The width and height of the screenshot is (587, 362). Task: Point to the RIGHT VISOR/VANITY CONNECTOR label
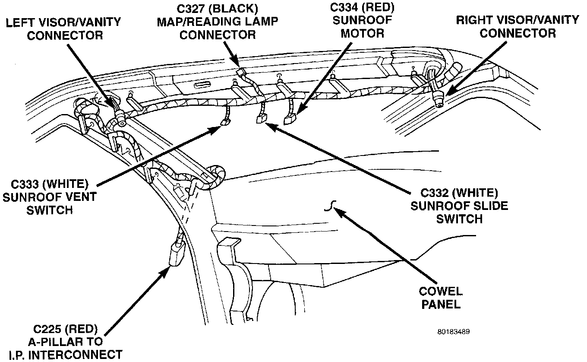coord(518,26)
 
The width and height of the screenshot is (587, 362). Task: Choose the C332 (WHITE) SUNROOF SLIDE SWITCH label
coord(459,205)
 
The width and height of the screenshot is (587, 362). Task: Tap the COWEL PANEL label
coord(441,298)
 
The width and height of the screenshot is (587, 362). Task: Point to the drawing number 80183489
coord(453,332)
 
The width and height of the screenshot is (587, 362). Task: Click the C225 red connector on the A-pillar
coord(176,254)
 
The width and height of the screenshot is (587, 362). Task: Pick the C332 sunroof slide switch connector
coord(261,119)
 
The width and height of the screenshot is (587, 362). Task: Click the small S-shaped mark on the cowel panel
coord(330,207)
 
